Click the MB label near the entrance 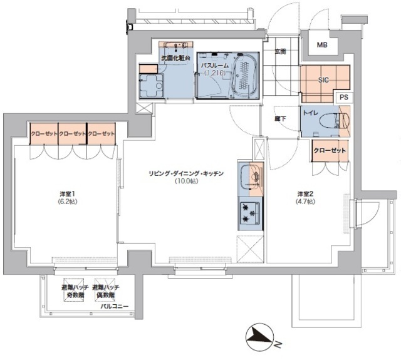click(321, 45)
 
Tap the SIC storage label click(323, 81)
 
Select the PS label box click(343, 98)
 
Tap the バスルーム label click(214, 64)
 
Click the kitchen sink click(253, 176)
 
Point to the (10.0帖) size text click(186, 181)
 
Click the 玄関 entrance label click(279, 52)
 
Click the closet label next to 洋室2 click(330, 151)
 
